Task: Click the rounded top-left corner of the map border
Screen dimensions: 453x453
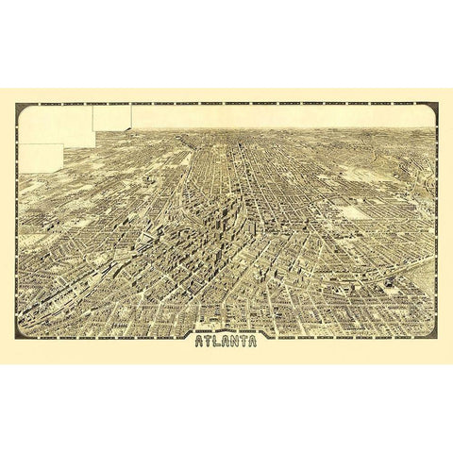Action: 21,108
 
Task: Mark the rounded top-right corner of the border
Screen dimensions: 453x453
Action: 433,108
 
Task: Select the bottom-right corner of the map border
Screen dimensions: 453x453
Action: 433,335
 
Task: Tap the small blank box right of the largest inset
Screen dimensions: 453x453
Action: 112,117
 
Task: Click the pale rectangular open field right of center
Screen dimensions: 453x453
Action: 355,212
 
